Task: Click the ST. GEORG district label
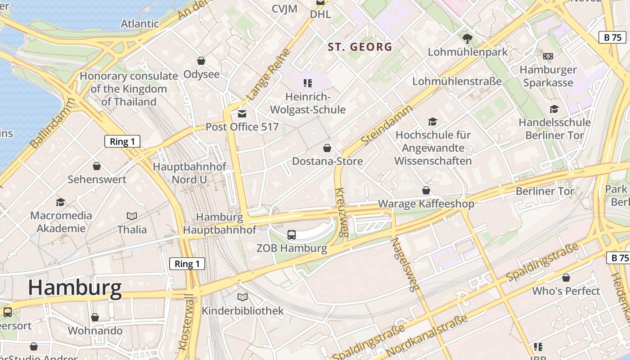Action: [360, 47]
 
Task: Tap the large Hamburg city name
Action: [75, 288]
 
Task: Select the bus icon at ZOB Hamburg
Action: [292, 234]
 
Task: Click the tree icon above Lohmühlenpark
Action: [468, 38]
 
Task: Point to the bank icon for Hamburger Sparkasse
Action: [548, 56]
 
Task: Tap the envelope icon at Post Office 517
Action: [242, 114]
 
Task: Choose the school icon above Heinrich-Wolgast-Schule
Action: [308, 83]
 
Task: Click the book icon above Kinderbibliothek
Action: [243, 297]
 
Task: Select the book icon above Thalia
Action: [132, 216]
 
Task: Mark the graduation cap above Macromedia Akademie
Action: [60, 202]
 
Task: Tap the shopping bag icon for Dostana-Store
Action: [327, 148]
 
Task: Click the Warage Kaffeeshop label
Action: [426, 204]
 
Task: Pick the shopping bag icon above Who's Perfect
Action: [566, 278]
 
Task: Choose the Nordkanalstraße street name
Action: [427, 336]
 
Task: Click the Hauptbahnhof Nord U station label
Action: [189, 173]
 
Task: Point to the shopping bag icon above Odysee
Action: [201, 60]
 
